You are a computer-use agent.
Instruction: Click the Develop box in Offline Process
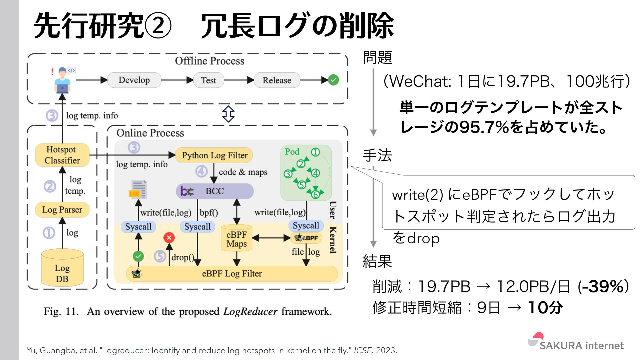pyautogui.click(x=134, y=80)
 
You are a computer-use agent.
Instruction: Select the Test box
pyautogui.click(x=209, y=80)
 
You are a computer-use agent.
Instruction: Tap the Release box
pyautogui.click(x=277, y=80)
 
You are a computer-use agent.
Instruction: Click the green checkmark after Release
pyautogui.click(x=333, y=80)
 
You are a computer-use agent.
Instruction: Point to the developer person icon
pyautogui.click(x=62, y=80)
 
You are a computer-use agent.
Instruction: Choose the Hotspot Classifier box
pyautogui.click(x=62, y=155)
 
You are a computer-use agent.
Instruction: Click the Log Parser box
pyautogui.click(x=62, y=210)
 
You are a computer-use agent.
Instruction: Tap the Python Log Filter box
pyautogui.click(x=214, y=155)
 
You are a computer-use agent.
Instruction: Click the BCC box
pyautogui.click(x=214, y=191)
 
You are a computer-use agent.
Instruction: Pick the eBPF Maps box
pyautogui.click(x=237, y=239)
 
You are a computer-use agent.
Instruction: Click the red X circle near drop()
pyautogui.click(x=169, y=238)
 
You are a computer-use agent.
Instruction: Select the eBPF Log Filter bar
pyautogui.click(x=232, y=274)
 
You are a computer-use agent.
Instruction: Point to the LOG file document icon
pyautogui.click(x=138, y=189)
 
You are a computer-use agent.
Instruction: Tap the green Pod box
pyautogui.click(x=306, y=173)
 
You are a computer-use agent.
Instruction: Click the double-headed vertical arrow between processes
pyautogui.click(x=228, y=114)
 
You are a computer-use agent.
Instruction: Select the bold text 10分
pyautogui.click(x=545, y=307)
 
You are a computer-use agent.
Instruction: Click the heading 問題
pyautogui.click(x=377, y=57)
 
